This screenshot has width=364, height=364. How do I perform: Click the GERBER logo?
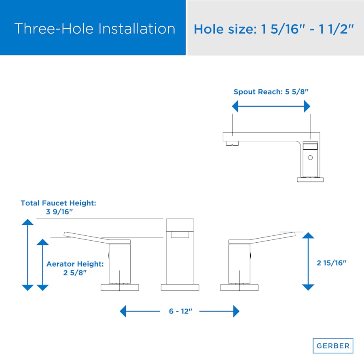333,346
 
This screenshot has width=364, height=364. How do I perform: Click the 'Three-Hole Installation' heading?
95,29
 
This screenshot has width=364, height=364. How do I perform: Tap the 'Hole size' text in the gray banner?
225,29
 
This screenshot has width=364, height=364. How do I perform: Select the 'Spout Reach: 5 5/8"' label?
271,92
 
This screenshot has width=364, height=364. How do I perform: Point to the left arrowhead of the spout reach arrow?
235,106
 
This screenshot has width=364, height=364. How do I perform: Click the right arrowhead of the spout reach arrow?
307,106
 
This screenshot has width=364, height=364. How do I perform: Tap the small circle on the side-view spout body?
310,158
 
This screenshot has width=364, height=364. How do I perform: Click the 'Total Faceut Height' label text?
58,203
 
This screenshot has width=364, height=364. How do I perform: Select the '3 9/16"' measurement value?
59,212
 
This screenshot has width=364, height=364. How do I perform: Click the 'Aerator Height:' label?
75,264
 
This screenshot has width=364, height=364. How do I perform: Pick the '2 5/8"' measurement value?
75,273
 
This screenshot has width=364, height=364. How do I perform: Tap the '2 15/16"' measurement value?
332,263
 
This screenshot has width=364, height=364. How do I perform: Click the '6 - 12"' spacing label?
181,311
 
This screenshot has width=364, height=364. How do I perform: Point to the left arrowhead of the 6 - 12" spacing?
123,311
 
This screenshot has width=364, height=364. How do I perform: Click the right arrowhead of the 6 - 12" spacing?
236,311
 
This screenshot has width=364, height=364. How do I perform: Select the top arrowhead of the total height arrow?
28,222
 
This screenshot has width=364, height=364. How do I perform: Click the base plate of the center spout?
180,288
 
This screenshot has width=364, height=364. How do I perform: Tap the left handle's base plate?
120,288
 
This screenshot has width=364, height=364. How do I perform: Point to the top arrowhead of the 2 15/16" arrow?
308,235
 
